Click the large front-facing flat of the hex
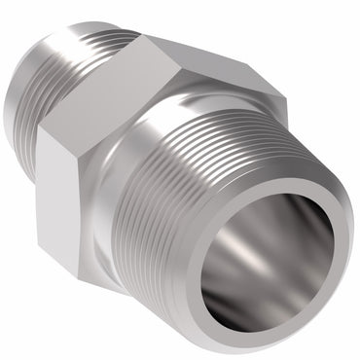(97, 146)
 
